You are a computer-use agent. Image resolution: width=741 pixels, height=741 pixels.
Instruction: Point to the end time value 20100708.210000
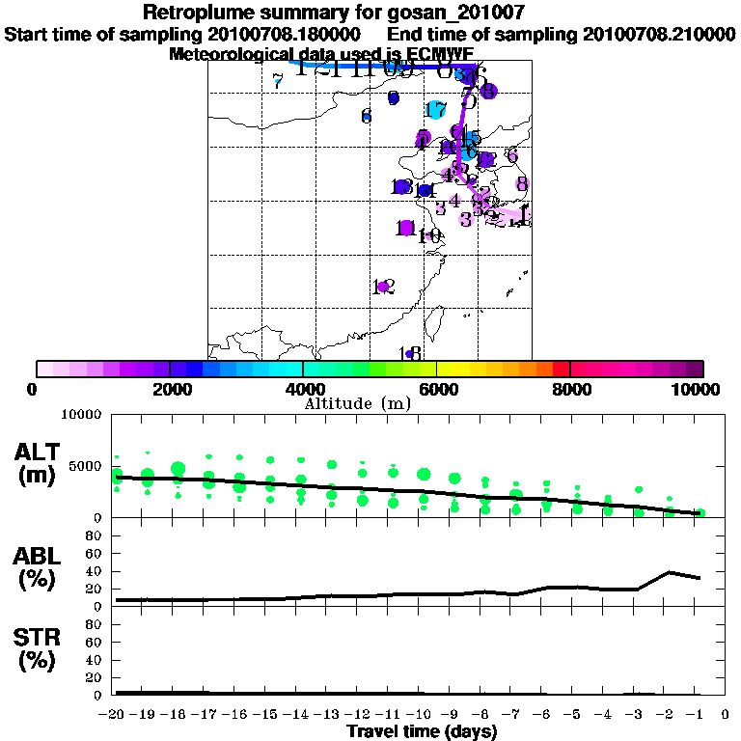pyautogui.click(x=658, y=34)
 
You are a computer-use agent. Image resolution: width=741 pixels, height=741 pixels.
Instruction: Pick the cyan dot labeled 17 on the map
pyautogui.click(x=435, y=110)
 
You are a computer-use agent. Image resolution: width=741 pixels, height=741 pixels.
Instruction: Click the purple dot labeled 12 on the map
pyautogui.click(x=383, y=287)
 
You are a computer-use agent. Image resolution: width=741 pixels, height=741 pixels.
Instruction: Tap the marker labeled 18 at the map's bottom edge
pyautogui.click(x=409, y=354)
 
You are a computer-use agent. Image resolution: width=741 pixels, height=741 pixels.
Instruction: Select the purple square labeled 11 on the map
pyautogui.click(x=406, y=228)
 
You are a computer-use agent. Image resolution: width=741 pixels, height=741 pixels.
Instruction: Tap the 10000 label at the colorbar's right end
pyautogui.click(x=697, y=389)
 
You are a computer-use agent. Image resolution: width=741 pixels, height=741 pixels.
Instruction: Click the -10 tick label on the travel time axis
pyautogui.click(x=423, y=716)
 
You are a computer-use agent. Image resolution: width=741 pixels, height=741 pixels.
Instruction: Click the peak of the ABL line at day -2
pyautogui.click(x=669, y=572)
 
